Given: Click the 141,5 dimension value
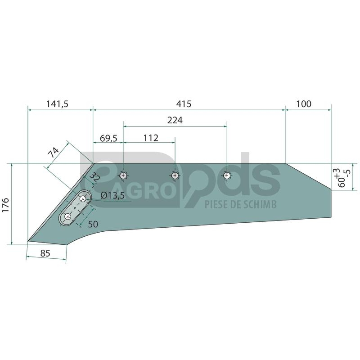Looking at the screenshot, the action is click(x=58, y=104).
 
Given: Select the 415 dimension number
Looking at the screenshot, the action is click(x=184, y=104).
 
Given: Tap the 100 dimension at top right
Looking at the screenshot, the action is click(x=304, y=104).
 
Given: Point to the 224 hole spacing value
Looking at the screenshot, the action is click(x=175, y=120).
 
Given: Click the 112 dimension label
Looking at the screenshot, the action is click(x=151, y=138).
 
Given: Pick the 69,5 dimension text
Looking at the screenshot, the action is click(x=108, y=139).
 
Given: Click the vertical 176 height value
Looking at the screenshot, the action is click(x=5, y=205).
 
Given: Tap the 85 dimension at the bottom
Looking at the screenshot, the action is click(x=45, y=253).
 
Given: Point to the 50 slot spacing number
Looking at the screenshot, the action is click(x=93, y=224).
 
